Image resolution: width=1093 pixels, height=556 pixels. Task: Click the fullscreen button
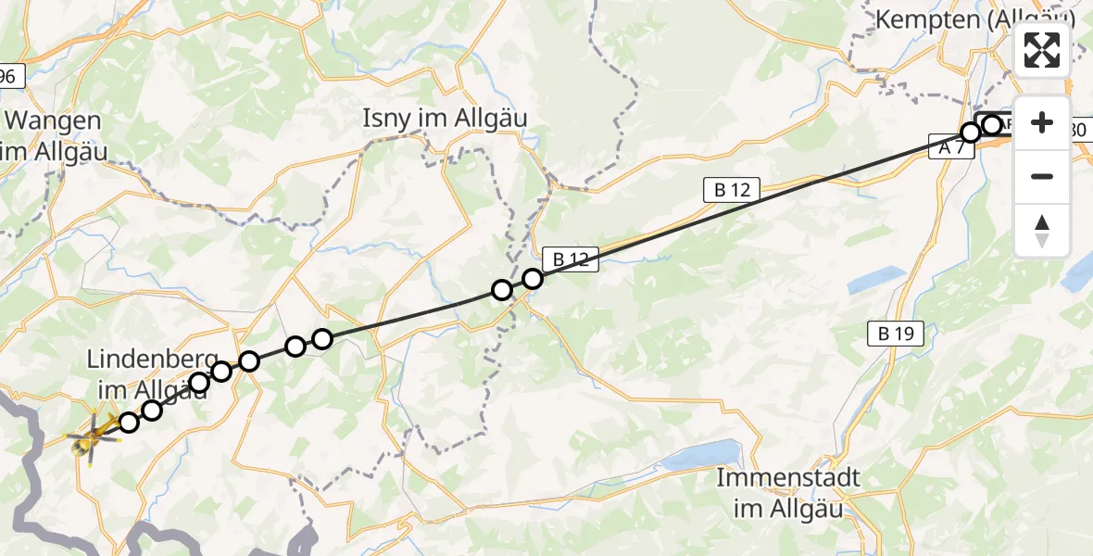[1042, 50]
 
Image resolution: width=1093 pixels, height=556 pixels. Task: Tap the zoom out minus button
[1042, 176]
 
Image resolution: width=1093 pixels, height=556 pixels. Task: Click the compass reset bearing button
[1042, 230]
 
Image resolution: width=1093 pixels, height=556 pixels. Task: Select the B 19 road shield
[897, 335]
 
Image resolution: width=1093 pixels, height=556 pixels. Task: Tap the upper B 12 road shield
[732, 191]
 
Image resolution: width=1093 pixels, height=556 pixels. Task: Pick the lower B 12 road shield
[571, 260]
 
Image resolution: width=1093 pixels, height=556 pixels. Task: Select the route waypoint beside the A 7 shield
[970, 133]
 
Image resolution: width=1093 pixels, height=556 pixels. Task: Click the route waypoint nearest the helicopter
[129, 423]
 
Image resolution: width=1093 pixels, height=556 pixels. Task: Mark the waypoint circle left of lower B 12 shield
[532, 278]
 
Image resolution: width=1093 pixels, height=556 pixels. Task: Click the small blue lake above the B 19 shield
[875, 279]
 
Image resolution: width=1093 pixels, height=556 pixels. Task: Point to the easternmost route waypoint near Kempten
[992, 124]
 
